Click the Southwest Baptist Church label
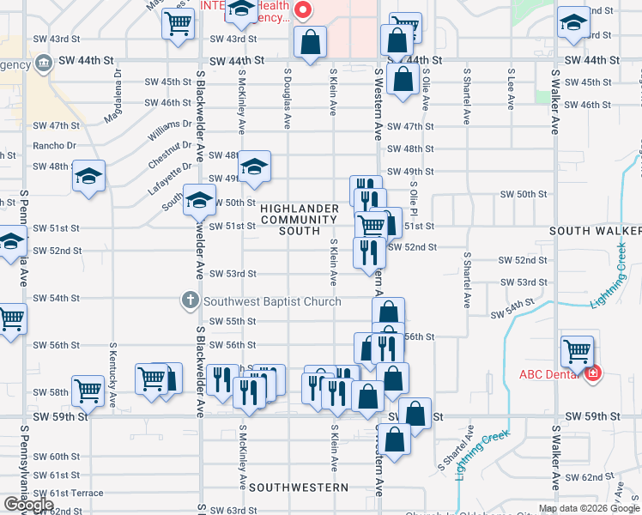271,301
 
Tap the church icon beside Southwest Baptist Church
190,301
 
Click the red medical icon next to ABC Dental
593,374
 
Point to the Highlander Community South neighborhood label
300,220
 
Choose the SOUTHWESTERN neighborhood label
300,487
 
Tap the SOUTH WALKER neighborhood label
596,231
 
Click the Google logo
28,505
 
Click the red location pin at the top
302,10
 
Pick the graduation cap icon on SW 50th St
199,202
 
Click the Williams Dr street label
170,130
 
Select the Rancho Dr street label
54,145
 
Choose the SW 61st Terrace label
68,493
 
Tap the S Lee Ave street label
511,90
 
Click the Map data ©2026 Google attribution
589,508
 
